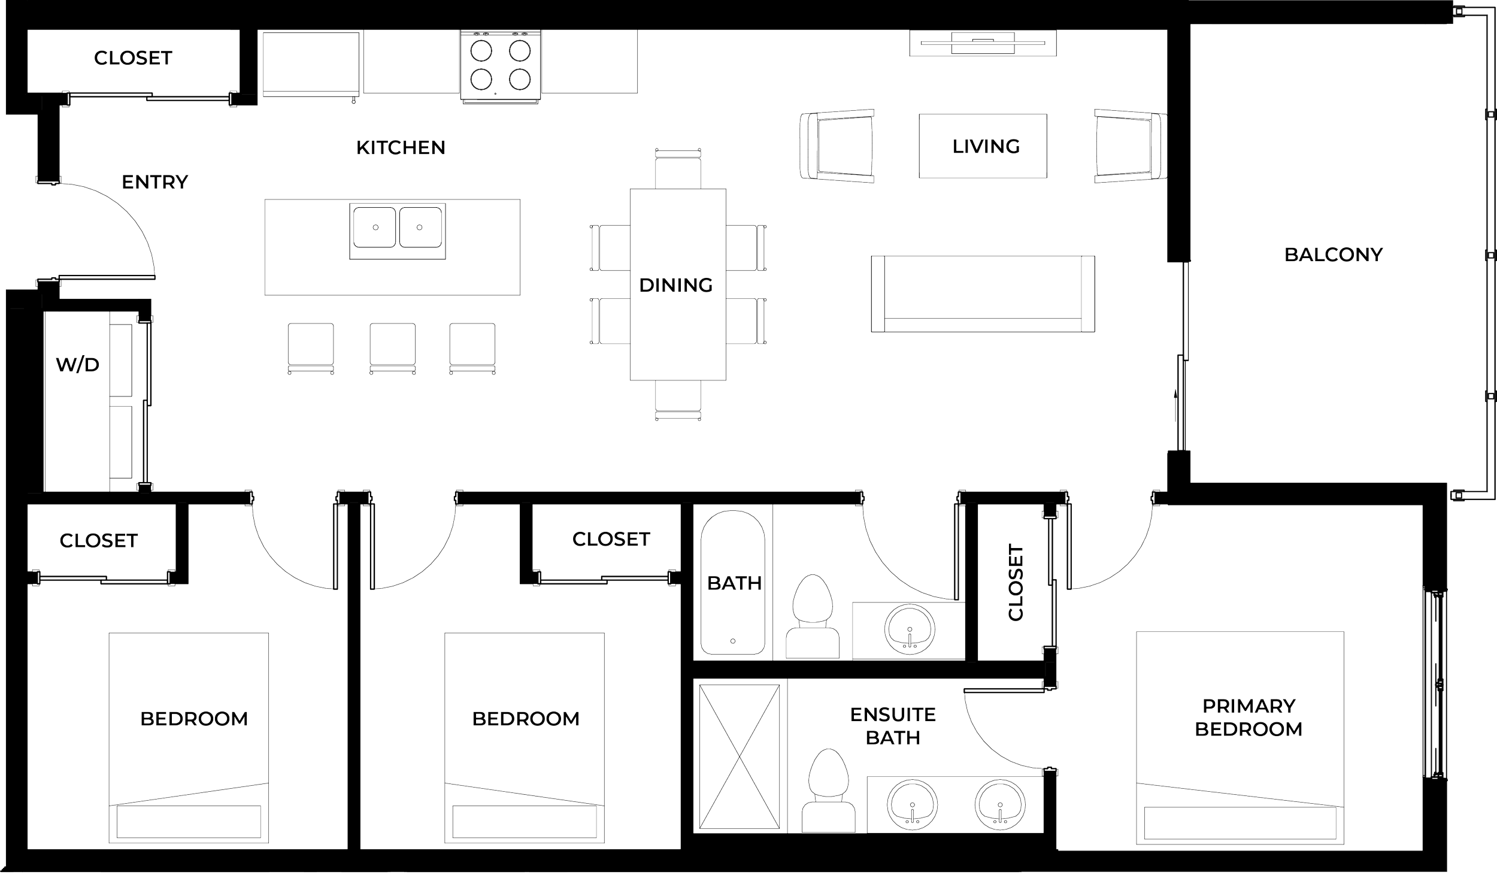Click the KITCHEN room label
pos(401,147)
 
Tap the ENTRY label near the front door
pos(154,182)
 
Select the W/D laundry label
pos(77,365)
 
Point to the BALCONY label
pos(1334,255)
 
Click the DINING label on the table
pos(676,285)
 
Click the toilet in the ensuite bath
pos(829,792)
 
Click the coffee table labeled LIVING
pos(983,146)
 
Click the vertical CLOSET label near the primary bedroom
pos(1017,582)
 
